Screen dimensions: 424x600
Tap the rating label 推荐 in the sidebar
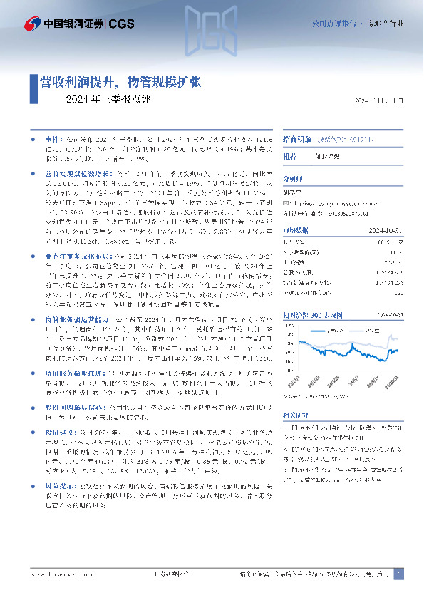coord(290,155)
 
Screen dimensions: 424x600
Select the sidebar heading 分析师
coord(293,180)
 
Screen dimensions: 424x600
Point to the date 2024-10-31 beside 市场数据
coord(388,229)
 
